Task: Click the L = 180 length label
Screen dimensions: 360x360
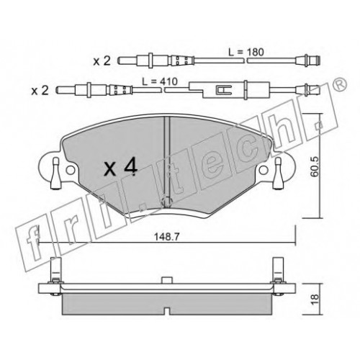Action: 246,52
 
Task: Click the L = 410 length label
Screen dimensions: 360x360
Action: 160,81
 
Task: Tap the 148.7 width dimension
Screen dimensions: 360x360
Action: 166,237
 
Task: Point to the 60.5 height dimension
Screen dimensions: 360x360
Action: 315,166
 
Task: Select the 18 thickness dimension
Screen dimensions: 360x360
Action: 315,300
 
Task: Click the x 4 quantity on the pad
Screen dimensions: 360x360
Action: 121,168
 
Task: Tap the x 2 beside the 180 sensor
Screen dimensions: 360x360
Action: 102,61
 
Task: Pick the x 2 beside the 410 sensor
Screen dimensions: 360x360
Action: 40,91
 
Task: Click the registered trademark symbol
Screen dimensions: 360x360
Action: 341,84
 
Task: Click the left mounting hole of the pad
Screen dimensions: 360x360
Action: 70,170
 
